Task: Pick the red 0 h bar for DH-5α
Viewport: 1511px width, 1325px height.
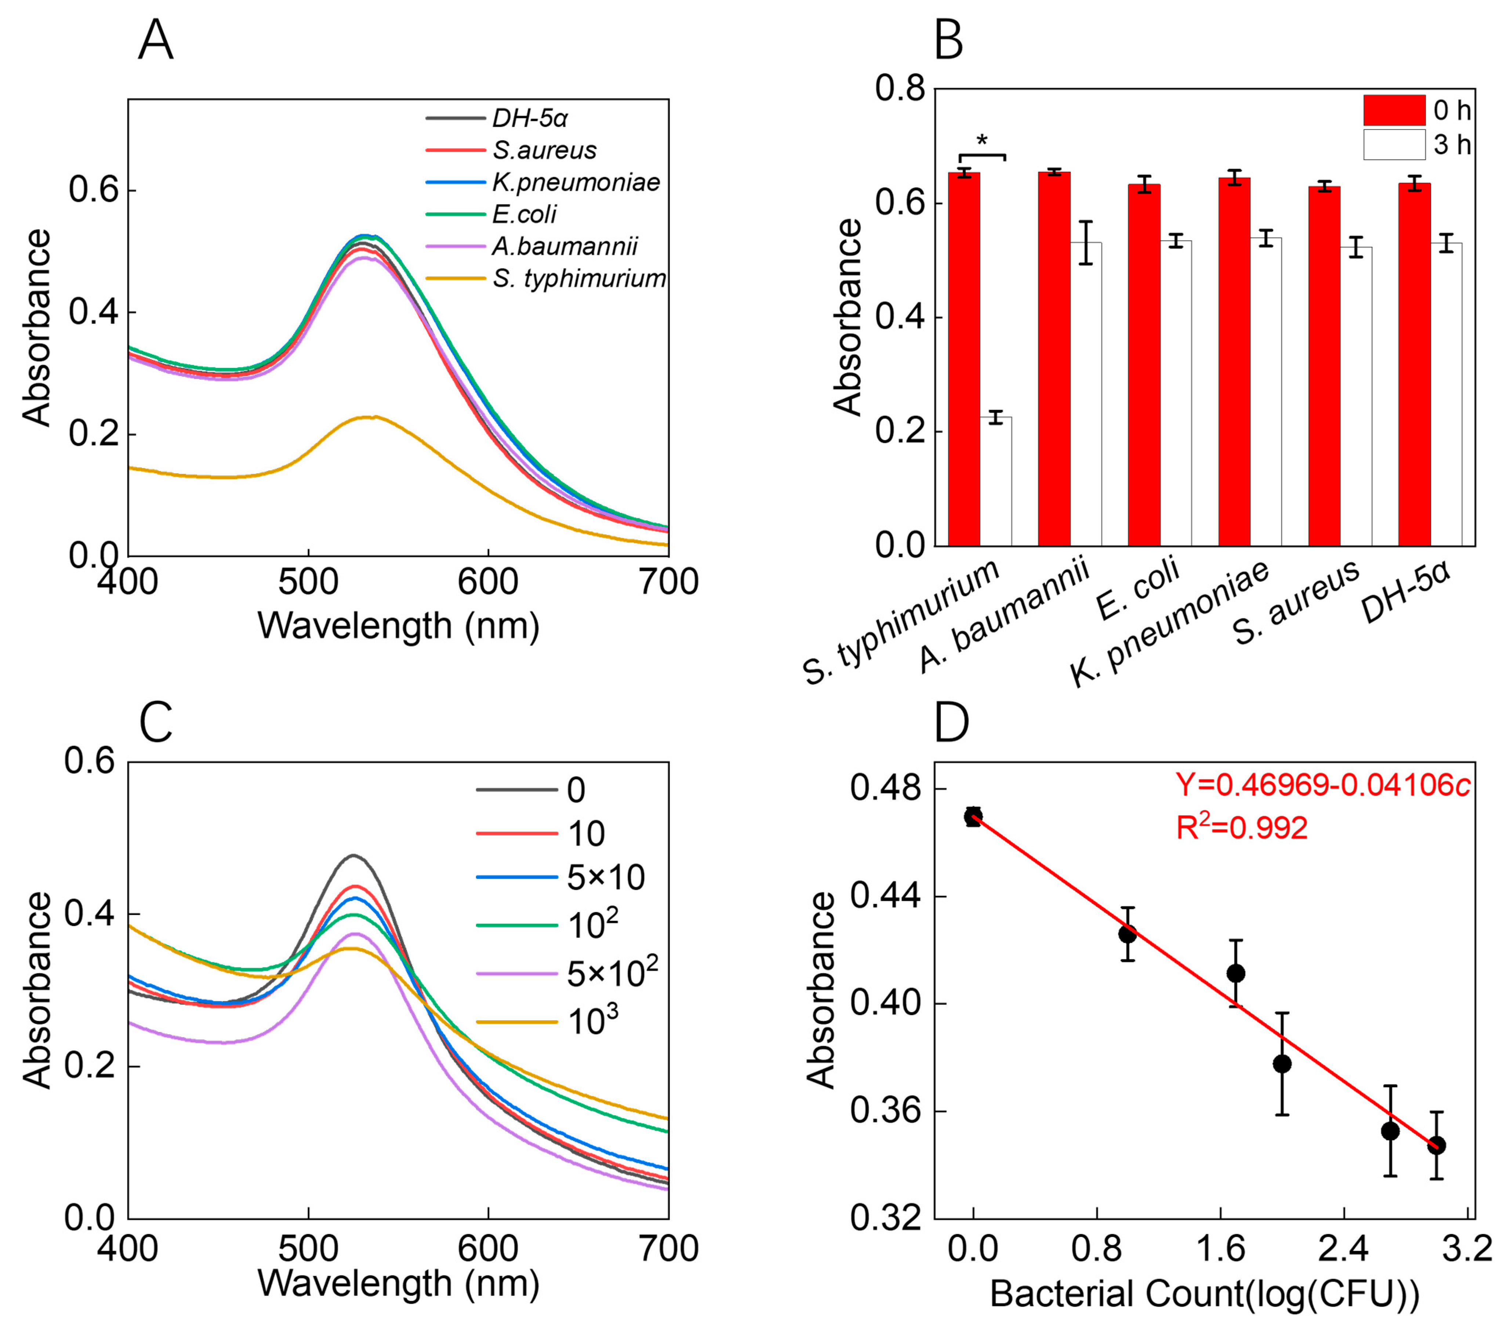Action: point(1414,365)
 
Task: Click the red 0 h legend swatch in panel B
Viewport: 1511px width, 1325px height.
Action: point(1394,110)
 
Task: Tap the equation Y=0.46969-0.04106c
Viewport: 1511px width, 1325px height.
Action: point(1322,785)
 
